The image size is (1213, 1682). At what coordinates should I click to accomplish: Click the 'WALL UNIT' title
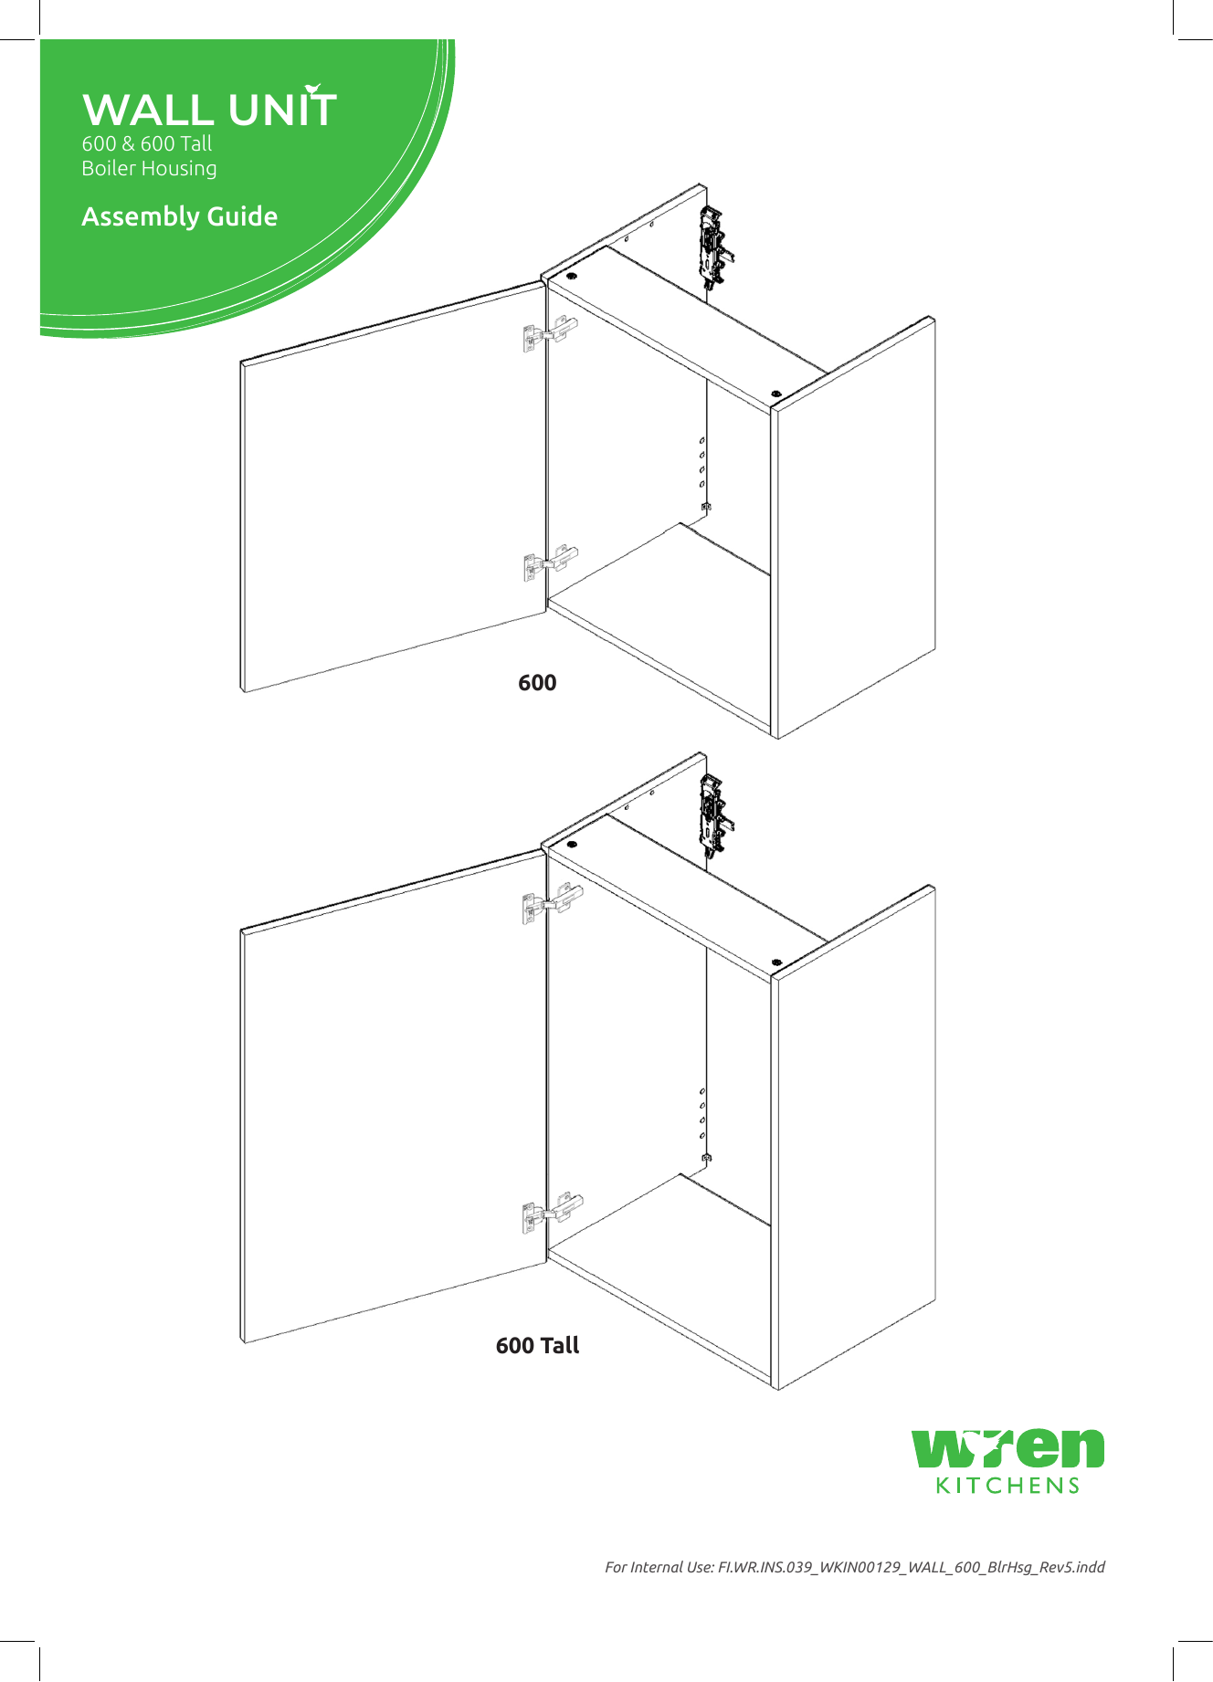[x=209, y=110]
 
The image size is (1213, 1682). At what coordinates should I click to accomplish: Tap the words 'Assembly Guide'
[x=179, y=217]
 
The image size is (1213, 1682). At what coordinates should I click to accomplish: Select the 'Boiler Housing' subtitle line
[x=149, y=169]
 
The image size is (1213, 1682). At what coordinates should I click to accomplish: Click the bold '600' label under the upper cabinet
[x=537, y=683]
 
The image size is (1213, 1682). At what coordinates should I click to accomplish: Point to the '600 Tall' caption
[x=537, y=1345]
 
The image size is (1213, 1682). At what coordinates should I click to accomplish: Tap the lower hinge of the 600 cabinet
[x=550, y=563]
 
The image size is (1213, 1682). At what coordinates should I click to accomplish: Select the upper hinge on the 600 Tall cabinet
[x=552, y=904]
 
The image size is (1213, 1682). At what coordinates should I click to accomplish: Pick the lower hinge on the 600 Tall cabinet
[x=552, y=1213]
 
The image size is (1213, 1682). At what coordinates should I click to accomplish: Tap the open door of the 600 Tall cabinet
[x=393, y=1096]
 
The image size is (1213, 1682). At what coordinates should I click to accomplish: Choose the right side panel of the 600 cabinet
[x=855, y=530]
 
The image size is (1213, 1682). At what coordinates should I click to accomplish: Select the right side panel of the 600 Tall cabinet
[x=855, y=1137]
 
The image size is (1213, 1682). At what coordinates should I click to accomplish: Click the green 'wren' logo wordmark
[x=1008, y=1447]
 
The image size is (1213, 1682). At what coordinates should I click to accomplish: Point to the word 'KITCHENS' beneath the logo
[x=1008, y=1486]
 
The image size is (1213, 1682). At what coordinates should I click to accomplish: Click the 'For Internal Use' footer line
[x=854, y=1567]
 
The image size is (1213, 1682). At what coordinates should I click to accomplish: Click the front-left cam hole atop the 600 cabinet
[x=572, y=276]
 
